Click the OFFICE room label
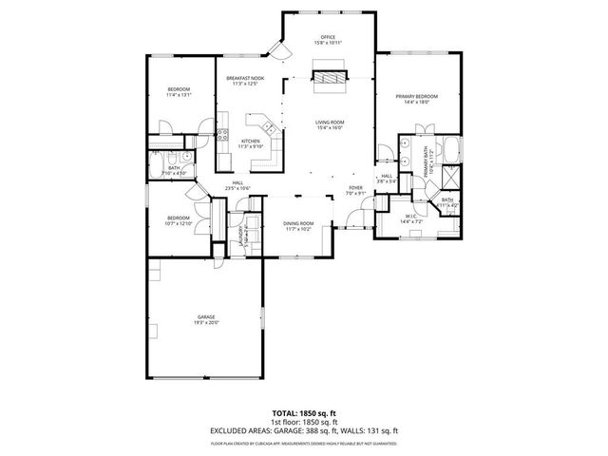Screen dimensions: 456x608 tap(329, 37)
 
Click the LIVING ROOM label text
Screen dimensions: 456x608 tap(329, 123)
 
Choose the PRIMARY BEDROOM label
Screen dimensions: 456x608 tap(417, 97)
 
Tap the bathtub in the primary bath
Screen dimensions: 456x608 tap(451, 150)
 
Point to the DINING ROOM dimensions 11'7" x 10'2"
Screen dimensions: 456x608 tap(298, 229)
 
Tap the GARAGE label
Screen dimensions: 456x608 tap(206, 316)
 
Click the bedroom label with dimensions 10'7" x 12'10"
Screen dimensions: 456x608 tap(178, 218)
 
